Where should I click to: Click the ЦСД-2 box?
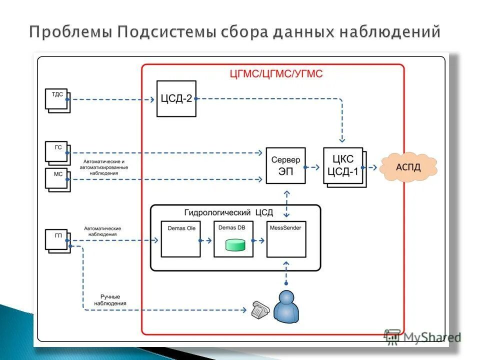(176, 98)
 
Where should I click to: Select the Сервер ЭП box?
(285, 165)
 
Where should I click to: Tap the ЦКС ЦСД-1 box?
(343, 166)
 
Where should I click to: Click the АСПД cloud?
(408, 167)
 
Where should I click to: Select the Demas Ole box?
(180, 239)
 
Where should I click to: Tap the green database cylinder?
(235, 245)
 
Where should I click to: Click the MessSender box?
(286, 239)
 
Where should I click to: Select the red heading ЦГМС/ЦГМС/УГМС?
(276, 74)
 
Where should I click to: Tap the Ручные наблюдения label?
(110, 300)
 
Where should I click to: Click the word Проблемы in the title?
(70, 32)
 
